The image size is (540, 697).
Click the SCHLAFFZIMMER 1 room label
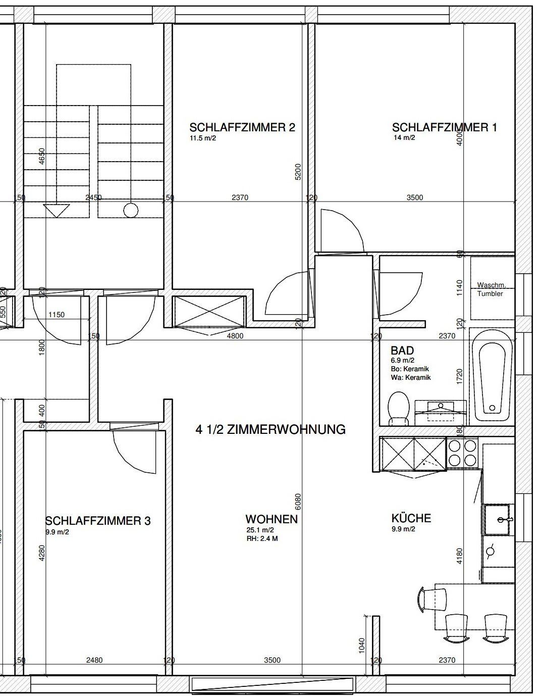point(444,128)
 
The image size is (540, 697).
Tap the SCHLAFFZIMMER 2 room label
point(242,128)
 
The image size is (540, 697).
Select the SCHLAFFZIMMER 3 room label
point(98,521)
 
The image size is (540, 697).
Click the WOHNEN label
point(272,519)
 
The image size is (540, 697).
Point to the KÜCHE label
point(411,518)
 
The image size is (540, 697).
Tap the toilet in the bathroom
point(399,408)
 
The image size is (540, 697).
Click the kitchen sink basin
point(497,520)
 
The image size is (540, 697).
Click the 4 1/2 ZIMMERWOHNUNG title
point(271,429)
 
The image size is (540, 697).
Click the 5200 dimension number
point(298,172)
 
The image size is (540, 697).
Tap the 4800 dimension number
point(235,336)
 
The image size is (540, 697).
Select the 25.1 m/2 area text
point(260,530)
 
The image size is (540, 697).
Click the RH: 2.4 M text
point(262,538)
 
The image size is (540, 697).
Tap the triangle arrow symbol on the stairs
point(57,211)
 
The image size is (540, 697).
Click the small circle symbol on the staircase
point(131,211)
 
